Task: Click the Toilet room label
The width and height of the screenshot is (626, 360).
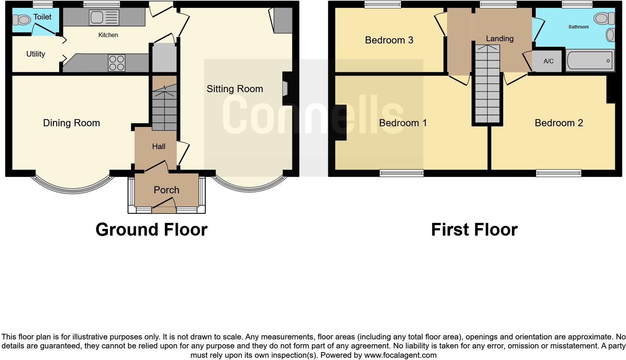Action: coord(42,17)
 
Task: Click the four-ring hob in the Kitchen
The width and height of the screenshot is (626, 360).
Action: coord(116,63)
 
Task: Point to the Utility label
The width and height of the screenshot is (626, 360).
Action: coord(36,54)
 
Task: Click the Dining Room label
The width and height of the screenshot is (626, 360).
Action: coord(72,123)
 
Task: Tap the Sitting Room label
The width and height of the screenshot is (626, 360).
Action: coord(235,89)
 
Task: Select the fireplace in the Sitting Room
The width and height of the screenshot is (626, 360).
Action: coord(285,89)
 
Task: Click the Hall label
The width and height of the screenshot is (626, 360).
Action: coord(159,146)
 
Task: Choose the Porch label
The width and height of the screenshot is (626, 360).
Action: coord(166,190)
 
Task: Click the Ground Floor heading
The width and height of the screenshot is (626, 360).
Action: coord(151,230)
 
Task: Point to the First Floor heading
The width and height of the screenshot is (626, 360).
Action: coord(474,230)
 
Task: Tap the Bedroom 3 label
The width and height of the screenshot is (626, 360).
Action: coord(389,40)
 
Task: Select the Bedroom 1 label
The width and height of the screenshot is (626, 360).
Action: coord(403,123)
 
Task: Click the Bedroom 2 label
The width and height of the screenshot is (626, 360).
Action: coord(559,123)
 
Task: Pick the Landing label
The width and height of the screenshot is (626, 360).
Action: coord(499,39)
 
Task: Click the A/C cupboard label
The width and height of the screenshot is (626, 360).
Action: coord(548,61)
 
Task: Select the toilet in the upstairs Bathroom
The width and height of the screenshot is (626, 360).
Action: coord(604,18)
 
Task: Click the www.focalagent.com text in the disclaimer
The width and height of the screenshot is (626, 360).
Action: coord(400,355)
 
